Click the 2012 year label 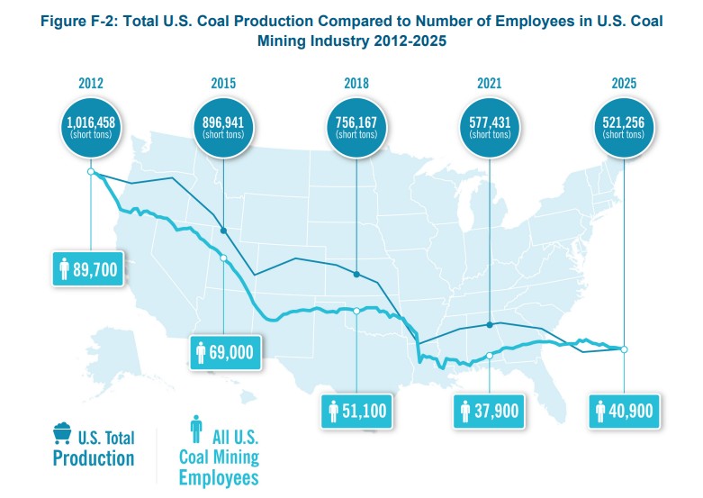point(90,84)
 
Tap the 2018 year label point(356,84)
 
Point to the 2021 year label point(489,84)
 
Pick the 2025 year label point(623,84)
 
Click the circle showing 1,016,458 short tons point(90,127)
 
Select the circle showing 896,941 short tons point(222,127)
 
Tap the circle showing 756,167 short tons point(356,127)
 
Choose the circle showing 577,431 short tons point(489,127)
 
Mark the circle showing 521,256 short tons point(623,127)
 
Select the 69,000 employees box point(226,351)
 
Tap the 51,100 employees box point(357,411)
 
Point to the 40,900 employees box point(624,411)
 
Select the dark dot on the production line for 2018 point(356,274)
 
